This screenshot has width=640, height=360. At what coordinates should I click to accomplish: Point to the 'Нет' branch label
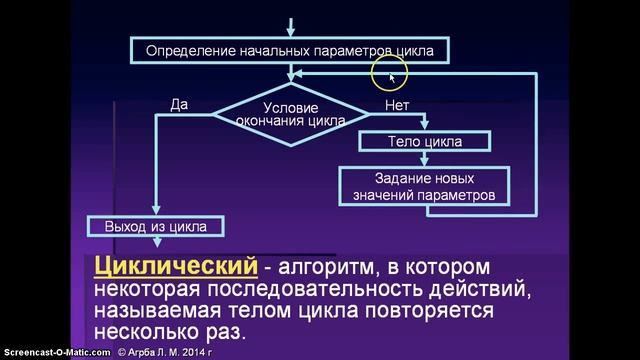coord(395,103)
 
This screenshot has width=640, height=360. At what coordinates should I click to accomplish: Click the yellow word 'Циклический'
coord(169,267)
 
